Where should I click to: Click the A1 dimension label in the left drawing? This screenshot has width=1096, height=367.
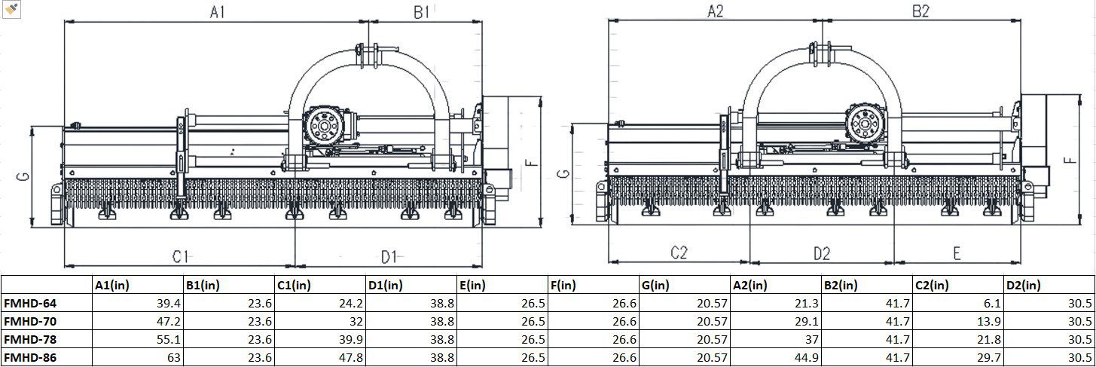pyautogui.click(x=217, y=12)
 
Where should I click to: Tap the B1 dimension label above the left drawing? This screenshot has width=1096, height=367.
pyautogui.click(x=422, y=12)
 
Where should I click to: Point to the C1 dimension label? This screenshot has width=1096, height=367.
pyautogui.click(x=179, y=256)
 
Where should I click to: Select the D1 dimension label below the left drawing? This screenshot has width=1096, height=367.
pyautogui.click(x=388, y=258)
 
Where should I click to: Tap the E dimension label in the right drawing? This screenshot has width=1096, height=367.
pyautogui.click(x=956, y=253)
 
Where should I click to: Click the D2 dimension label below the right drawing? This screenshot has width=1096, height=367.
pyautogui.click(x=821, y=253)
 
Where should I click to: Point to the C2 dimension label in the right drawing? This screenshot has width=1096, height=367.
pyautogui.click(x=679, y=253)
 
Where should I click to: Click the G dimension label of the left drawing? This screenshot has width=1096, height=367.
pyautogui.click(x=24, y=176)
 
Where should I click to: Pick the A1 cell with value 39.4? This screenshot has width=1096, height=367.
pyautogui.click(x=168, y=303)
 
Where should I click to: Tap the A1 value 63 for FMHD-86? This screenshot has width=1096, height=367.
pyautogui.click(x=172, y=358)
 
